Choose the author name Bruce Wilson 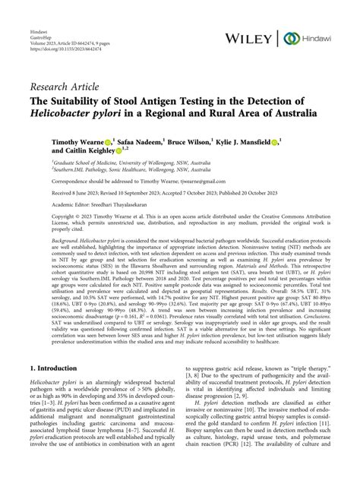[190, 141]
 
